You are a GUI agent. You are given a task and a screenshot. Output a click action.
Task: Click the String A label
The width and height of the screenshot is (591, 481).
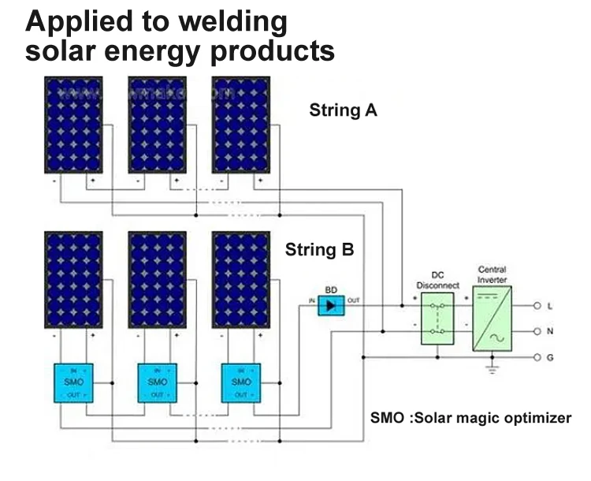(343, 110)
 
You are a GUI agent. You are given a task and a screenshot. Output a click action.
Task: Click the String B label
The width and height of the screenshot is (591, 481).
(319, 251)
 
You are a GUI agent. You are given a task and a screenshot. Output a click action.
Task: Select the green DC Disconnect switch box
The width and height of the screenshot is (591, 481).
(439, 318)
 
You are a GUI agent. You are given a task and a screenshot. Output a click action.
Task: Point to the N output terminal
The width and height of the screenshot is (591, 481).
(537, 331)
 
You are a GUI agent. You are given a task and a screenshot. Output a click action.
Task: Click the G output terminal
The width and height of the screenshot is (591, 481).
(537, 357)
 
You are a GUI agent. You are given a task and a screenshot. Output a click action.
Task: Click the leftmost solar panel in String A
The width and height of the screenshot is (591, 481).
(72, 124)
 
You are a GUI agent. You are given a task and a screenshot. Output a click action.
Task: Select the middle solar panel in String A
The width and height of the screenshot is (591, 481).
(156, 124)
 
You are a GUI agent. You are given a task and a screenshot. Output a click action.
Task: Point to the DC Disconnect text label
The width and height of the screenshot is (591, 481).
(438, 280)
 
